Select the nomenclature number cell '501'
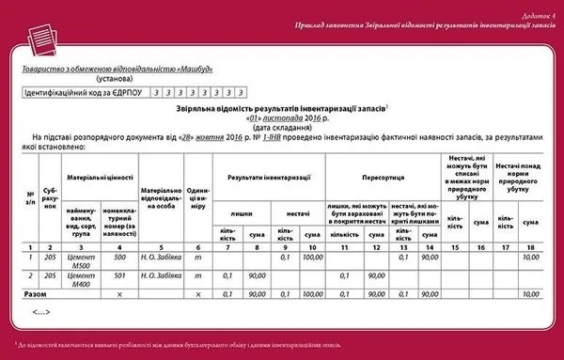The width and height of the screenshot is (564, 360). [119, 275]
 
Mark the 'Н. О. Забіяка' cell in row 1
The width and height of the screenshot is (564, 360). [164, 257]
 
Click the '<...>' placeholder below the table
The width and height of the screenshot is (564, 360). [41, 310]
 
